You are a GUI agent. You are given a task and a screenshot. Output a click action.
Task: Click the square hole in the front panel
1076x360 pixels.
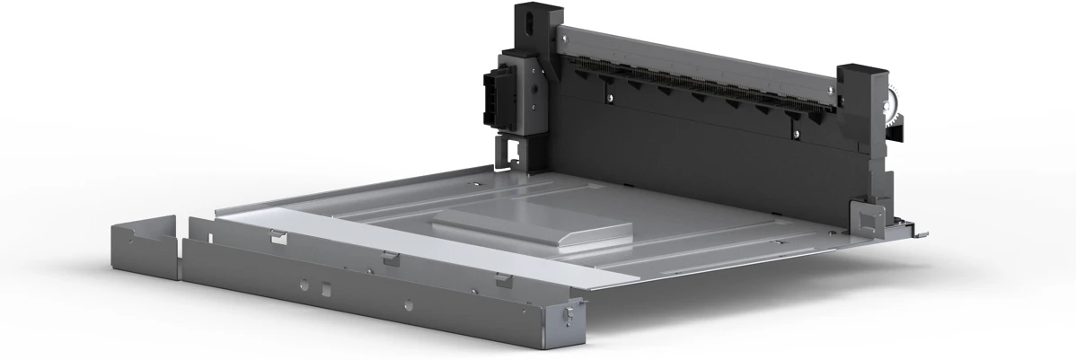(327, 289)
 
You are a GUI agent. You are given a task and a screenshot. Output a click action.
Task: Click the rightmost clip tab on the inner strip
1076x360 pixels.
(502, 280)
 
